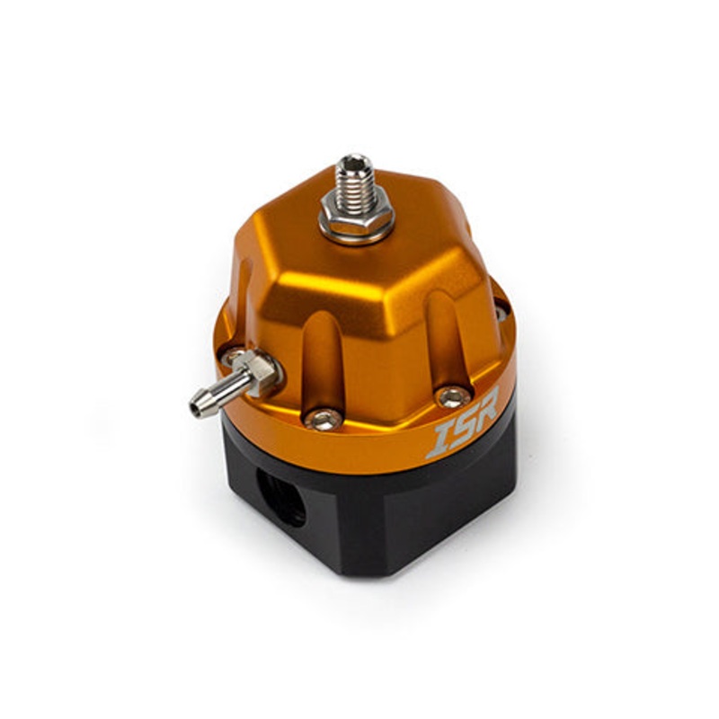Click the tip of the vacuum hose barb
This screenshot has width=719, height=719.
[x=197, y=406]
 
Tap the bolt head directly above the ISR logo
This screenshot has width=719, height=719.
[x=452, y=396]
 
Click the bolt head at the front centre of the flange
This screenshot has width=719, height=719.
[x=323, y=418]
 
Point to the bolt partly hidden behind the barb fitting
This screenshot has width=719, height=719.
[x=235, y=356]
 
